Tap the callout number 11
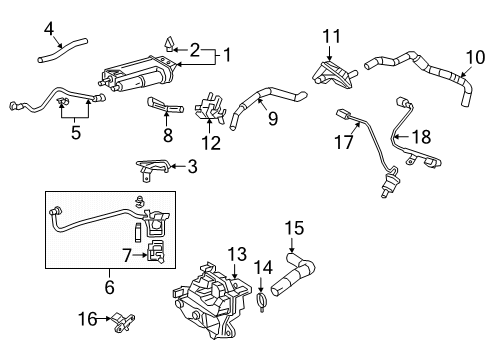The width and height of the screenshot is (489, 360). point(331,37)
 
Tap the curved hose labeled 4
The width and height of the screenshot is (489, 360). point(60,47)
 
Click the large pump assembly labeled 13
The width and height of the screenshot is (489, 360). point(215,295)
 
